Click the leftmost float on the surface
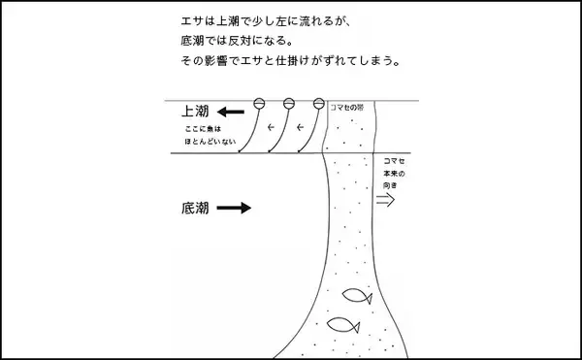pyautogui.click(x=259, y=104)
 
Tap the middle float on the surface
pyautogui.click(x=288, y=104)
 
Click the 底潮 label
pyautogui.click(x=194, y=208)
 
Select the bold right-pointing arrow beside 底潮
pyautogui.click(x=234, y=208)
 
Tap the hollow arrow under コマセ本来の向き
pyautogui.click(x=385, y=200)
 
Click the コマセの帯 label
pyautogui.click(x=350, y=108)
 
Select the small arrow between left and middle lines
pyautogui.click(x=272, y=128)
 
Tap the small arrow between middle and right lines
pyautogui.click(x=300, y=128)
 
